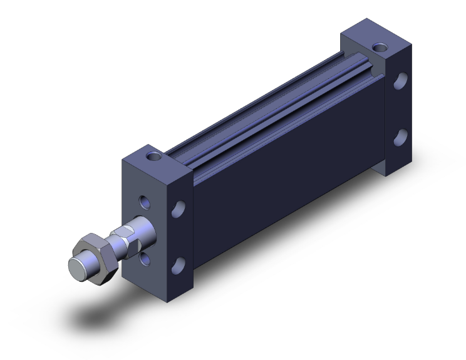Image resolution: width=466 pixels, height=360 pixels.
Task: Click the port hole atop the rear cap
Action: [x=380, y=46]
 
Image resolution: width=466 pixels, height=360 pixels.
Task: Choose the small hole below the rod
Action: [x=145, y=258]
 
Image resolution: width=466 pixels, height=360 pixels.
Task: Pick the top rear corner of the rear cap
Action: [x=412, y=46]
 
